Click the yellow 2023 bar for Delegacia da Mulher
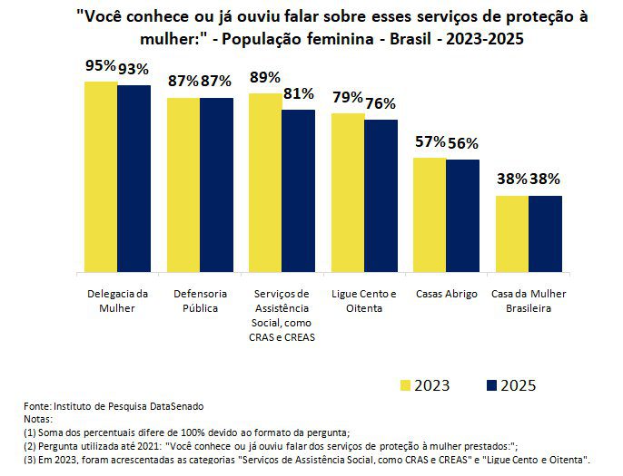click(x=101, y=177)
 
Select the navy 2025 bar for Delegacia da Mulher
click(x=133, y=179)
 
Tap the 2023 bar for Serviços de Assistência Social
click(x=265, y=182)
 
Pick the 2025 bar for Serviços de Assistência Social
click(x=299, y=190)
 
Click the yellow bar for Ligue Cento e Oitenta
click(x=348, y=192)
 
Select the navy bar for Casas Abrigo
click(x=462, y=216)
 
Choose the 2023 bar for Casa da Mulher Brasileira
click(x=512, y=234)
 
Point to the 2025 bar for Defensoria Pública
click(x=216, y=185)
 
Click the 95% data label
click(x=101, y=65)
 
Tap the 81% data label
click(x=298, y=93)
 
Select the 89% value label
click(x=265, y=77)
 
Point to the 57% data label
click(x=430, y=141)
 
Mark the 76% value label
click(x=381, y=103)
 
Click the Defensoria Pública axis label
click(x=200, y=301)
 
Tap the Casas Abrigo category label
click(x=446, y=295)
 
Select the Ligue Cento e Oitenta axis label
click(x=364, y=301)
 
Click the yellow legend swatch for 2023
click(x=406, y=386)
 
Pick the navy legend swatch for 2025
click(x=492, y=386)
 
